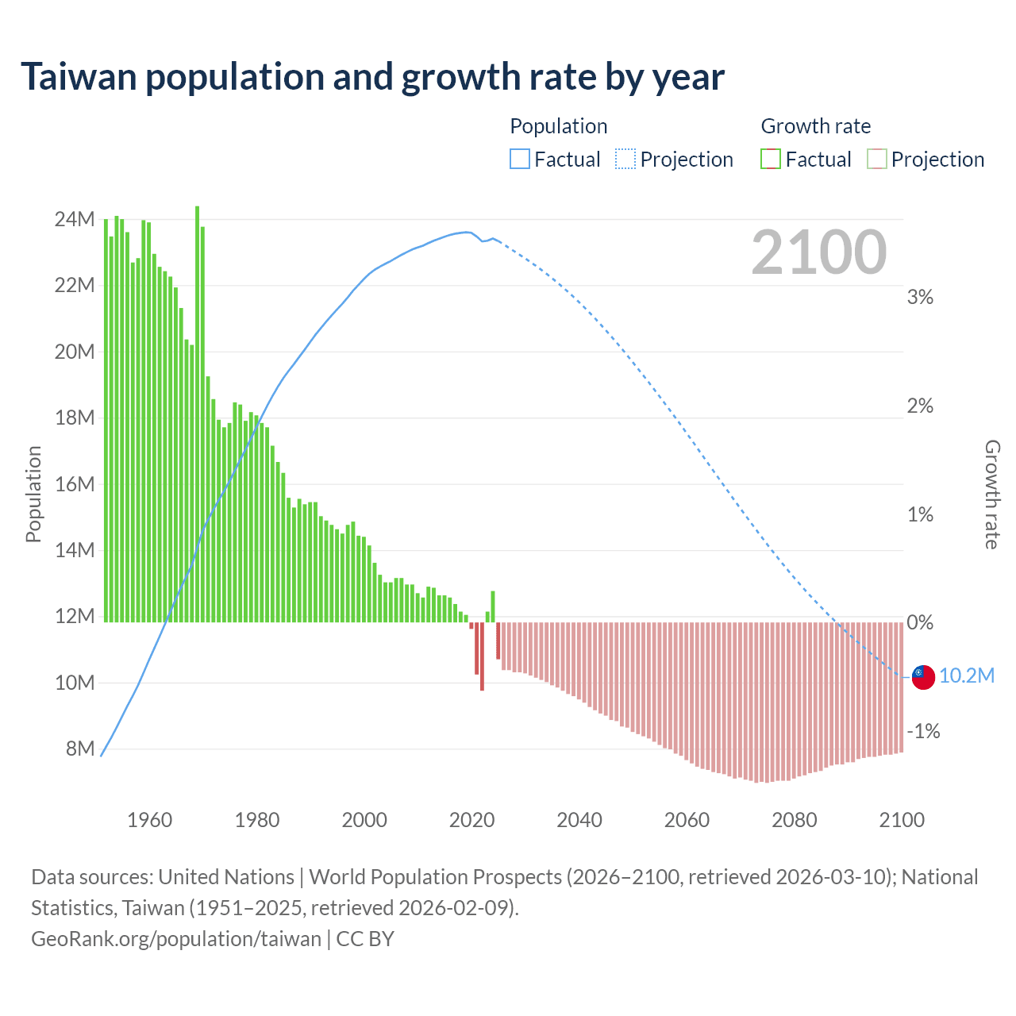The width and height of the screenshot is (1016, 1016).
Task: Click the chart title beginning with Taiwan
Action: pyautogui.click(x=372, y=77)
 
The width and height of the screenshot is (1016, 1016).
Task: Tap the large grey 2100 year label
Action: pyautogui.click(x=818, y=252)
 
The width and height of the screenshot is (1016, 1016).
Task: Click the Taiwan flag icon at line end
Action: pyautogui.click(x=922, y=676)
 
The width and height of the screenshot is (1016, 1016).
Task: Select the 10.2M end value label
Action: pyautogui.click(x=966, y=675)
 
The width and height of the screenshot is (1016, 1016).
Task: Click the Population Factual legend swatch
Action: pyautogui.click(x=519, y=160)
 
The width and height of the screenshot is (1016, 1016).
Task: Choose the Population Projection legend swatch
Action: pyautogui.click(x=625, y=160)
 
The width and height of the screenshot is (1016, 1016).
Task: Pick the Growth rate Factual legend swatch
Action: pyautogui.click(x=771, y=160)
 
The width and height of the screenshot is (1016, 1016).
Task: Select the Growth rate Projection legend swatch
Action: pyautogui.click(x=876, y=160)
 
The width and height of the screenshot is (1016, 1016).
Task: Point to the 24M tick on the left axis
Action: pyautogui.click(x=75, y=219)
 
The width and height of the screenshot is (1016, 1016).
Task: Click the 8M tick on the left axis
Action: pyautogui.click(x=79, y=749)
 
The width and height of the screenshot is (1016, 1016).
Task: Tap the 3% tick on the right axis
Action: pyautogui.click(x=920, y=297)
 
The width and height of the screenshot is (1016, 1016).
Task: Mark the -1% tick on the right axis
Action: pyautogui.click(x=923, y=731)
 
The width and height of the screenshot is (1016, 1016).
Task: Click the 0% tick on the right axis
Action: pyautogui.click(x=920, y=622)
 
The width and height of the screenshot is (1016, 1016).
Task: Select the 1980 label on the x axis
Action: pyautogui.click(x=257, y=820)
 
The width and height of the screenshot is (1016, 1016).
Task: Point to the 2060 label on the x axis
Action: pyautogui.click(x=687, y=820)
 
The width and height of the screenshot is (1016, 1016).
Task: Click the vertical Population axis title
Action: pyautogui.click(x=33, y=494)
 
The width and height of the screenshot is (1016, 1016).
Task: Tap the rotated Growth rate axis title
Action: pyautogui.click(x=992, y=494)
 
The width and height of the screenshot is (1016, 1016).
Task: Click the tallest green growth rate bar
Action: pyautogui.click(x=197, y=413)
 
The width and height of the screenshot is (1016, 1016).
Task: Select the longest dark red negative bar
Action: pyautogui.click(x=482, y=656)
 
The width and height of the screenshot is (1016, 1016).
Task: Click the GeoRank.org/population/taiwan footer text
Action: pyautogui.click(x=176, y=939)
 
